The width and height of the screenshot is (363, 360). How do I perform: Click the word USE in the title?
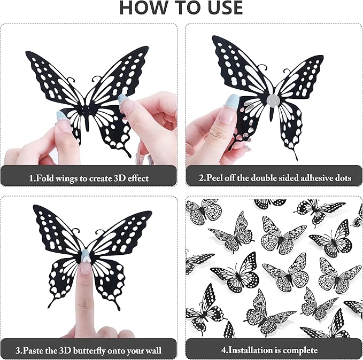[221, 8]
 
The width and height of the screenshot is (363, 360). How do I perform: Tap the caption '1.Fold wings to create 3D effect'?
[89, 178]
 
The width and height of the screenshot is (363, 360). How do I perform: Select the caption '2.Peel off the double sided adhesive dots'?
[273, 178]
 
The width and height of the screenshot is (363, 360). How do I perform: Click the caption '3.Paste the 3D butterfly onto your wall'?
[89, 350]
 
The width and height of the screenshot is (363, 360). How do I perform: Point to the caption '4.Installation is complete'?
[273, 350]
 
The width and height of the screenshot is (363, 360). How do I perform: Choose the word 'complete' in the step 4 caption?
[300, 350]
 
